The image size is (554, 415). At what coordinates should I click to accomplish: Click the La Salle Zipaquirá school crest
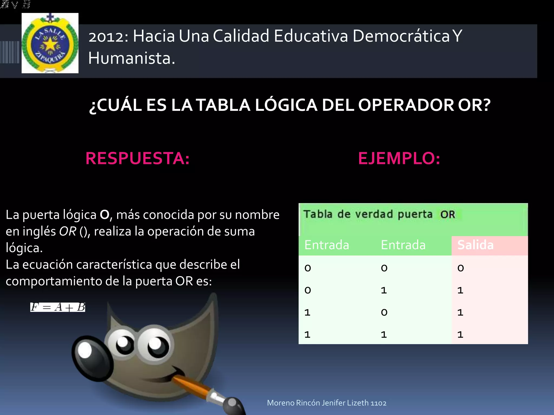(x=50, y=43)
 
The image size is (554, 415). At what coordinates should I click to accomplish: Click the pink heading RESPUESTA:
(x=137, y=158)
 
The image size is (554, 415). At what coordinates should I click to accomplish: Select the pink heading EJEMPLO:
(x=399, y=158)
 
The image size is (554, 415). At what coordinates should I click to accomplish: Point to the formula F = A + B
(x=58, y=307)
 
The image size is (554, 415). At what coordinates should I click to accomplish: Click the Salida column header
(x=475, y=245)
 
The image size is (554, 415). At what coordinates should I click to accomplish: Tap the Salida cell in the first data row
(x=461, y=268)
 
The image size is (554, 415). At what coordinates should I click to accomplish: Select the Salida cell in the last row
(x=460, y=335)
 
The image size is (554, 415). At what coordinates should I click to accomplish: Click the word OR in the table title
(x=448, y=215)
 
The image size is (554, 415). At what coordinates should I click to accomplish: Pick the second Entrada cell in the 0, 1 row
(x=384, y=290)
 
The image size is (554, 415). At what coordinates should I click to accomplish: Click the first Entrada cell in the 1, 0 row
(x=307, y=313)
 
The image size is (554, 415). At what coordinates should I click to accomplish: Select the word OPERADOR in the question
(x=406, y=105)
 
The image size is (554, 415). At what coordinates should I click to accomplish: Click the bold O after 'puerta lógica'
(x=104, y=215)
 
